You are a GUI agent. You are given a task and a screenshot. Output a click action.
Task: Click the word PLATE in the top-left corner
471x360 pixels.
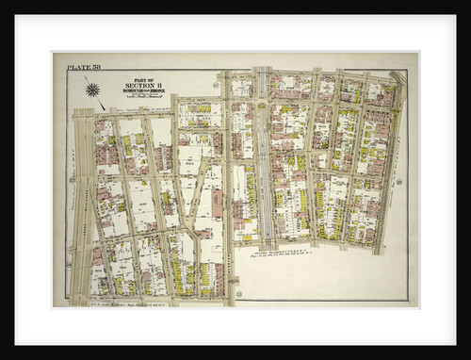pyautogui.click(x=76, y=65)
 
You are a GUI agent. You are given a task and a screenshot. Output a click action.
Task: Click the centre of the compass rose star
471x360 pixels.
pyautogui.click(x=92, y=90)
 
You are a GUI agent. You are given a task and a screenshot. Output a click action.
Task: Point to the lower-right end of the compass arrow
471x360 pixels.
pyautogui.click(x=104, y=107)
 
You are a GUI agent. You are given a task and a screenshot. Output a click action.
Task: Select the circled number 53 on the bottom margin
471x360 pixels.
pyautogui.click(x=238, y=295)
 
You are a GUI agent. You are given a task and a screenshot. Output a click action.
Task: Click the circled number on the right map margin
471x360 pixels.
pyautogui.click(x=399, y=181)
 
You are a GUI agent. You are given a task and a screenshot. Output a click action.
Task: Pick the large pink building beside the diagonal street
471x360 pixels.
pyautogui.click(x=218, y=202)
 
